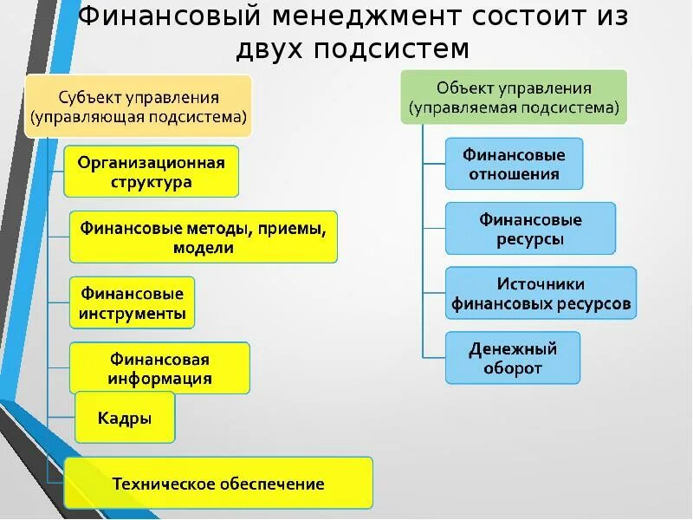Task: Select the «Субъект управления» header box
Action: [x=139, y=106]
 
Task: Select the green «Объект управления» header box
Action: [x=514, y=98]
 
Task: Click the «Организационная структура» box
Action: [x=152, y=172]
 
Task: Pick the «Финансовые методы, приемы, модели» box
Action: [x=204, y=237]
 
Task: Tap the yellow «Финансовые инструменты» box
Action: [x=132, y=302]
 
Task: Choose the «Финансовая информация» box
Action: [x=159, y=368]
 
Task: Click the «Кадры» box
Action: [x=125, y=418]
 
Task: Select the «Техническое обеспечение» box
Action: [x=218, y=483]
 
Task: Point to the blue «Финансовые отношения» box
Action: [x=514, y=164]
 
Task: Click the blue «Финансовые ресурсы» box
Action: [x=530, y=229]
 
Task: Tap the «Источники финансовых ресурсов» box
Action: [x=541, y=294]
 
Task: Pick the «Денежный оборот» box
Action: [x=513, y=358]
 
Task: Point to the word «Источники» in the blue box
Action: [x=541, y=283]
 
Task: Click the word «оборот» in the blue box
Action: [x=513, y=368]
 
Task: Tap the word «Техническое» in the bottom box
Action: [x=163, y=483]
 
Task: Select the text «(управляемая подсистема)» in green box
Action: [x=514, y=108]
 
